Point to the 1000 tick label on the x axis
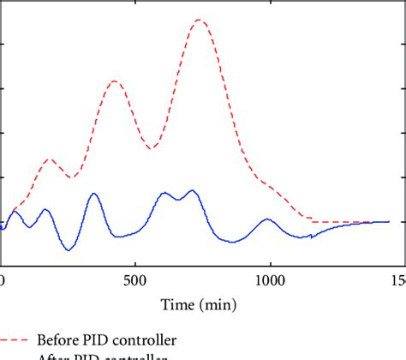pos(271,281)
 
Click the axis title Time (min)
pos(202,303)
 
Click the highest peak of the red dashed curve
pos(199,20)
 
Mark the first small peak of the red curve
pos(50,159)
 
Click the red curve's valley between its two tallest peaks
pos(151,149)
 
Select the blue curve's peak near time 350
pos(93,194)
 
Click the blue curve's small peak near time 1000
pos(267,219)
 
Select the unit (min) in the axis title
pos(219,303)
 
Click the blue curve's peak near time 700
pos(193,190)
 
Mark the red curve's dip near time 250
pos(71,177)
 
